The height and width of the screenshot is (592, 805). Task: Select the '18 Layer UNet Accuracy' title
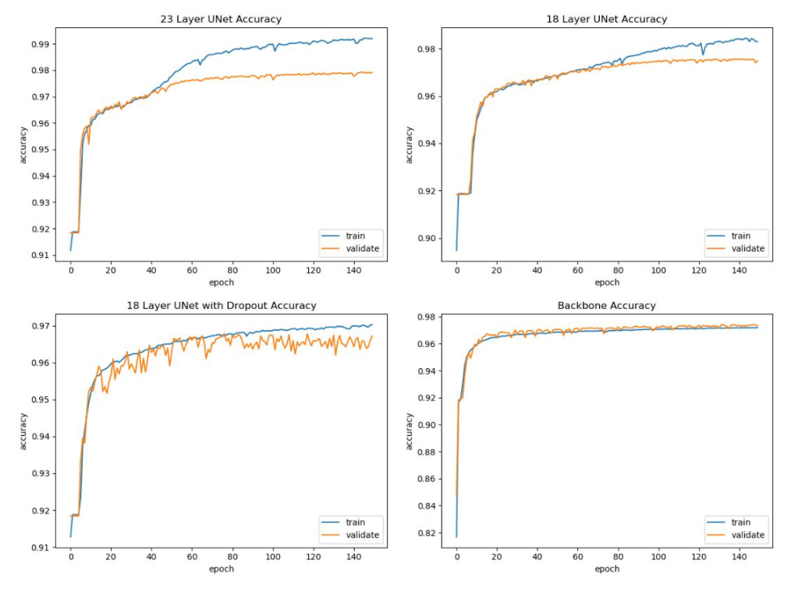click(607, 19)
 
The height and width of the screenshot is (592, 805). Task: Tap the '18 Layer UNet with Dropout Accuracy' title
click(222, 306)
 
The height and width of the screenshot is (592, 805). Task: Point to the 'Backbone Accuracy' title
click(607, 306)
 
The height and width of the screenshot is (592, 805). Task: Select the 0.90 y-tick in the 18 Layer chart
click(426, 239)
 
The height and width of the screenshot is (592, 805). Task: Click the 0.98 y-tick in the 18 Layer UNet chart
click(426, 50)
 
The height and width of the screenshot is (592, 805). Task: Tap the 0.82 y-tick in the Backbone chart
click(426, 534)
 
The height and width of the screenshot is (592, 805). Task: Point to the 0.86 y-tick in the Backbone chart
click(426, 480)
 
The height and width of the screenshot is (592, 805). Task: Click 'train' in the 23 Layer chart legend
click(355, 236)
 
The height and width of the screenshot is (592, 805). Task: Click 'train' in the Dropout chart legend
click(355, 523)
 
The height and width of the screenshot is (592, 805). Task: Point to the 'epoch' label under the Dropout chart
click(222, 569)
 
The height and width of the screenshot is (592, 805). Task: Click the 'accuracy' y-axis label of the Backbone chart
click(410, 431)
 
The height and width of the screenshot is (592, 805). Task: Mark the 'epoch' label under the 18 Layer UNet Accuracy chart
click(607, 282)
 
